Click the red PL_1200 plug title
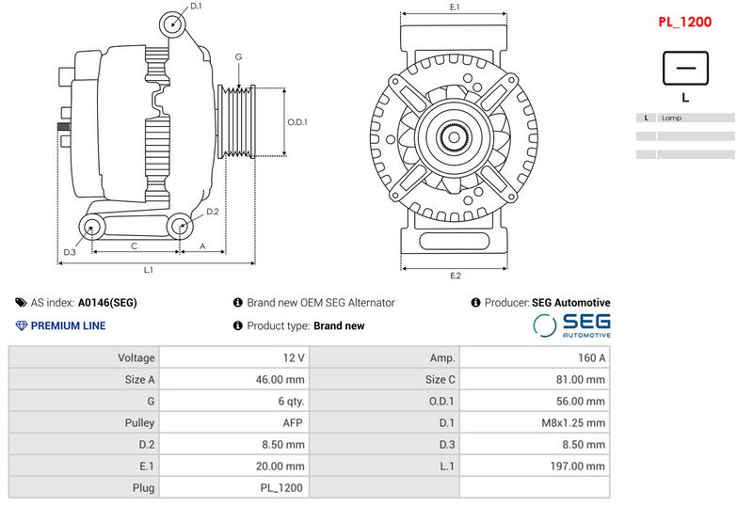(x=684, y=22)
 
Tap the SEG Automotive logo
(x=571, y=325)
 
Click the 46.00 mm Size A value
(x=280, y=379)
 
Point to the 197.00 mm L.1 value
(x=577, y=466)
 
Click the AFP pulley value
(x=293, y=422)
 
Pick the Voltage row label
(x=136, y=357)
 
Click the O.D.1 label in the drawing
(x=297, y=122)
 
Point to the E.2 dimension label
(x=456, y=276)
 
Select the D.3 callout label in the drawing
(x=70, y=252)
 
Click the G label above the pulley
(x=239, y=56)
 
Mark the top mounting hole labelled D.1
(x=172, y=24)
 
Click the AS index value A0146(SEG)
(x=107, y=303)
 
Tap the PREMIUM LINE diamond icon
(x=21, y=325)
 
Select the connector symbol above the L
(x=685, y=68)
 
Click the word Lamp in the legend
(x=671, y=118)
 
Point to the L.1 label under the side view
(x=149, y=270)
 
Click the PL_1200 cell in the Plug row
(x=281, y=488)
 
